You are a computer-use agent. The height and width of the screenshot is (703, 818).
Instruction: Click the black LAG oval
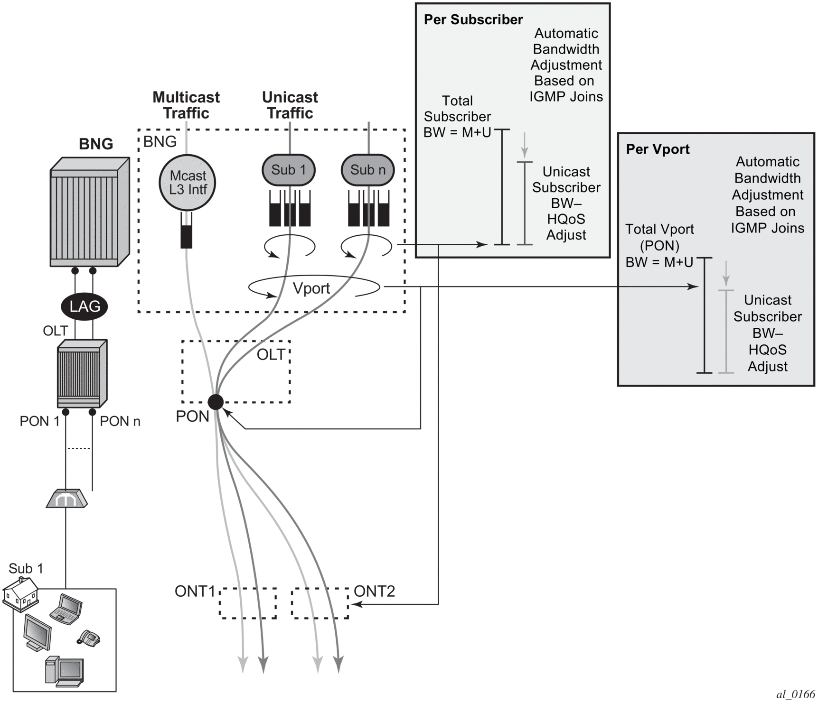(x=85, y=306)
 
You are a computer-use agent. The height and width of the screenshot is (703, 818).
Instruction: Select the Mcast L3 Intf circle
(x=187, y=183)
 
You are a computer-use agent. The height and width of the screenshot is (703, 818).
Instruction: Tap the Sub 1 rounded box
(x=289, y=170)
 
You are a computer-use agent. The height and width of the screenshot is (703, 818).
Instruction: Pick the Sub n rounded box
(x=368, y=170)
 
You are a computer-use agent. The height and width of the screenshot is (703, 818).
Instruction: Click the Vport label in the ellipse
(x=311, y=288)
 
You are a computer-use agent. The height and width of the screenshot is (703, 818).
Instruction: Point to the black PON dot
(x=216, y=402)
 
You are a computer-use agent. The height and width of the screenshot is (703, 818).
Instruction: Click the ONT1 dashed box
(x=248, y=603)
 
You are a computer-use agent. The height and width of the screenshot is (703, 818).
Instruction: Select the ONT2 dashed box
(x=320, y=603)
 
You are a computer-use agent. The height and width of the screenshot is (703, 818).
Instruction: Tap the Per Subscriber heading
(x=473, y=19)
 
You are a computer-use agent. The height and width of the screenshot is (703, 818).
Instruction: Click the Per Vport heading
(x=658, y=149)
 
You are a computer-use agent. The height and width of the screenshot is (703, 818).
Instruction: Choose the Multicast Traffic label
(x=186, y=105)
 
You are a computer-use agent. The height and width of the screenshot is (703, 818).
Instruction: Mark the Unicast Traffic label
(x=290, y=105)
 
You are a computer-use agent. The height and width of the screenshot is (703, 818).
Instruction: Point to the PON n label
(x=120, y=421)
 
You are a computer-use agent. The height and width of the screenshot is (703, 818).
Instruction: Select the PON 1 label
(x=39, y=421)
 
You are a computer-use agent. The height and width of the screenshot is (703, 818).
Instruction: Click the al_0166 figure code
(x=796, y=694)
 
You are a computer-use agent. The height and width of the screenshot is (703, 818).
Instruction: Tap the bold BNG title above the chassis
(x=96, y=144)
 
